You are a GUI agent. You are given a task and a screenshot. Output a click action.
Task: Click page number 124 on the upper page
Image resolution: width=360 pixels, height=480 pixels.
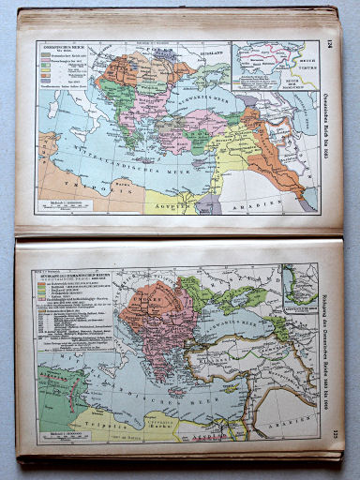pos(330,43)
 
